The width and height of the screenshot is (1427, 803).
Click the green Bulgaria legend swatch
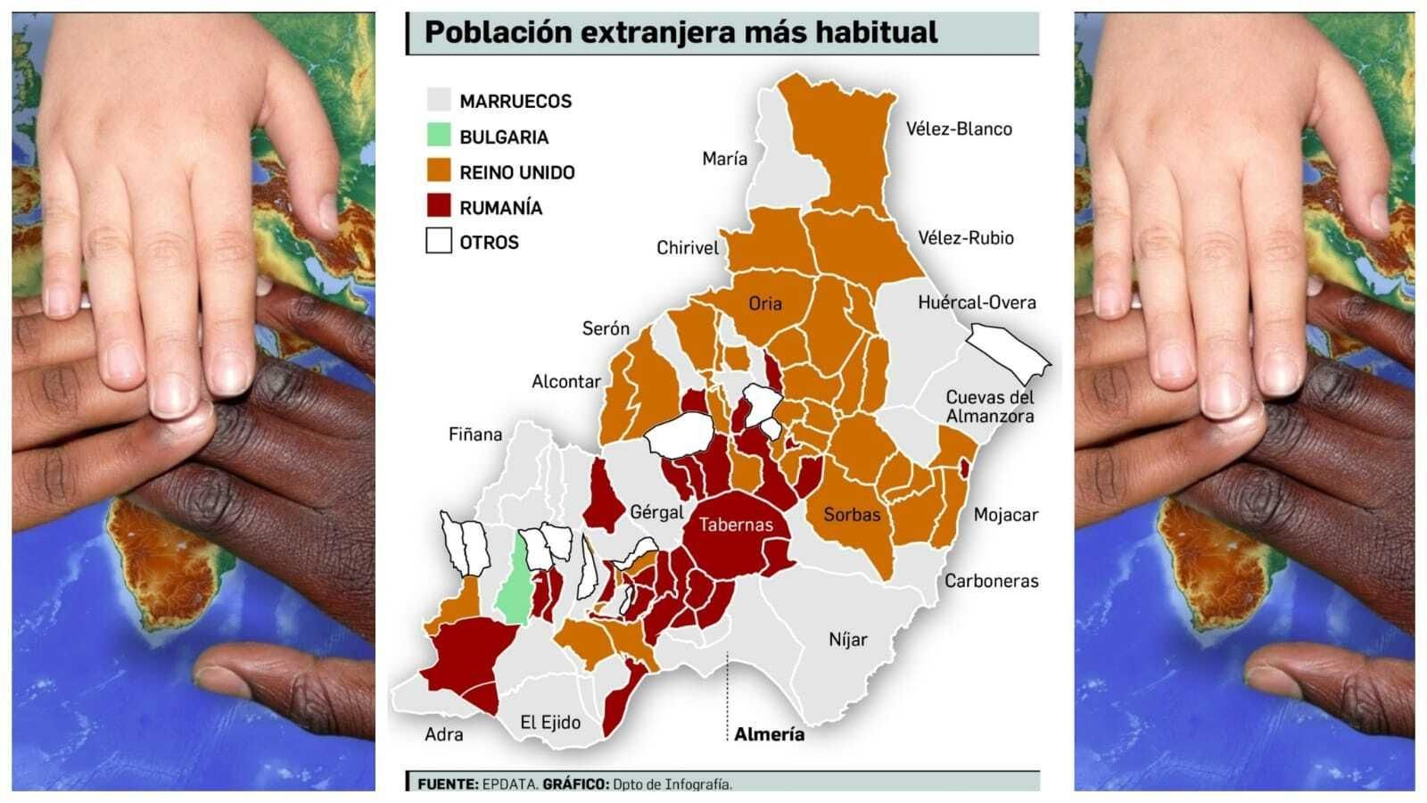click(439, 136)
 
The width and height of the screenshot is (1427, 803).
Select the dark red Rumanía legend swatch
click(439, 206)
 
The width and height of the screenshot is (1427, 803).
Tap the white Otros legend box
click(439, 241)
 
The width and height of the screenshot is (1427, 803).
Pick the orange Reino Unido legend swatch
click(439, 171)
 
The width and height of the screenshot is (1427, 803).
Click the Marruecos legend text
click(516, 102)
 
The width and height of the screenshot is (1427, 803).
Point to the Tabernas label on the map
click(736, 525)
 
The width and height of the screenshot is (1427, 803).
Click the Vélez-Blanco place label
click(959, 129)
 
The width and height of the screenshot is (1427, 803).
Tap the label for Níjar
click(847, 640)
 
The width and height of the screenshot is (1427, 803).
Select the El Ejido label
click(550, 723)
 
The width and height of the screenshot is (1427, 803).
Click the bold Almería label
click(769, 734)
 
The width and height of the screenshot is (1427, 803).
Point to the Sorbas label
click(852, 515)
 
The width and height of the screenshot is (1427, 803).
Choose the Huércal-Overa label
click(977, 302)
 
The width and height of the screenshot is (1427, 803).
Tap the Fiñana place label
click(475, 435)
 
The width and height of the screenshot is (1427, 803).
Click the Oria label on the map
click(765, 303)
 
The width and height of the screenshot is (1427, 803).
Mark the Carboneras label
click(992, 581)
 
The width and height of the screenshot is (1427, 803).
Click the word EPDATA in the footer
click(510, 784)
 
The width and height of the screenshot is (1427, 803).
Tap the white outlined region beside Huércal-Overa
click(1008, 350)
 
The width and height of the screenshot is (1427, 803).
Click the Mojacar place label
click(1006, 515)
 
